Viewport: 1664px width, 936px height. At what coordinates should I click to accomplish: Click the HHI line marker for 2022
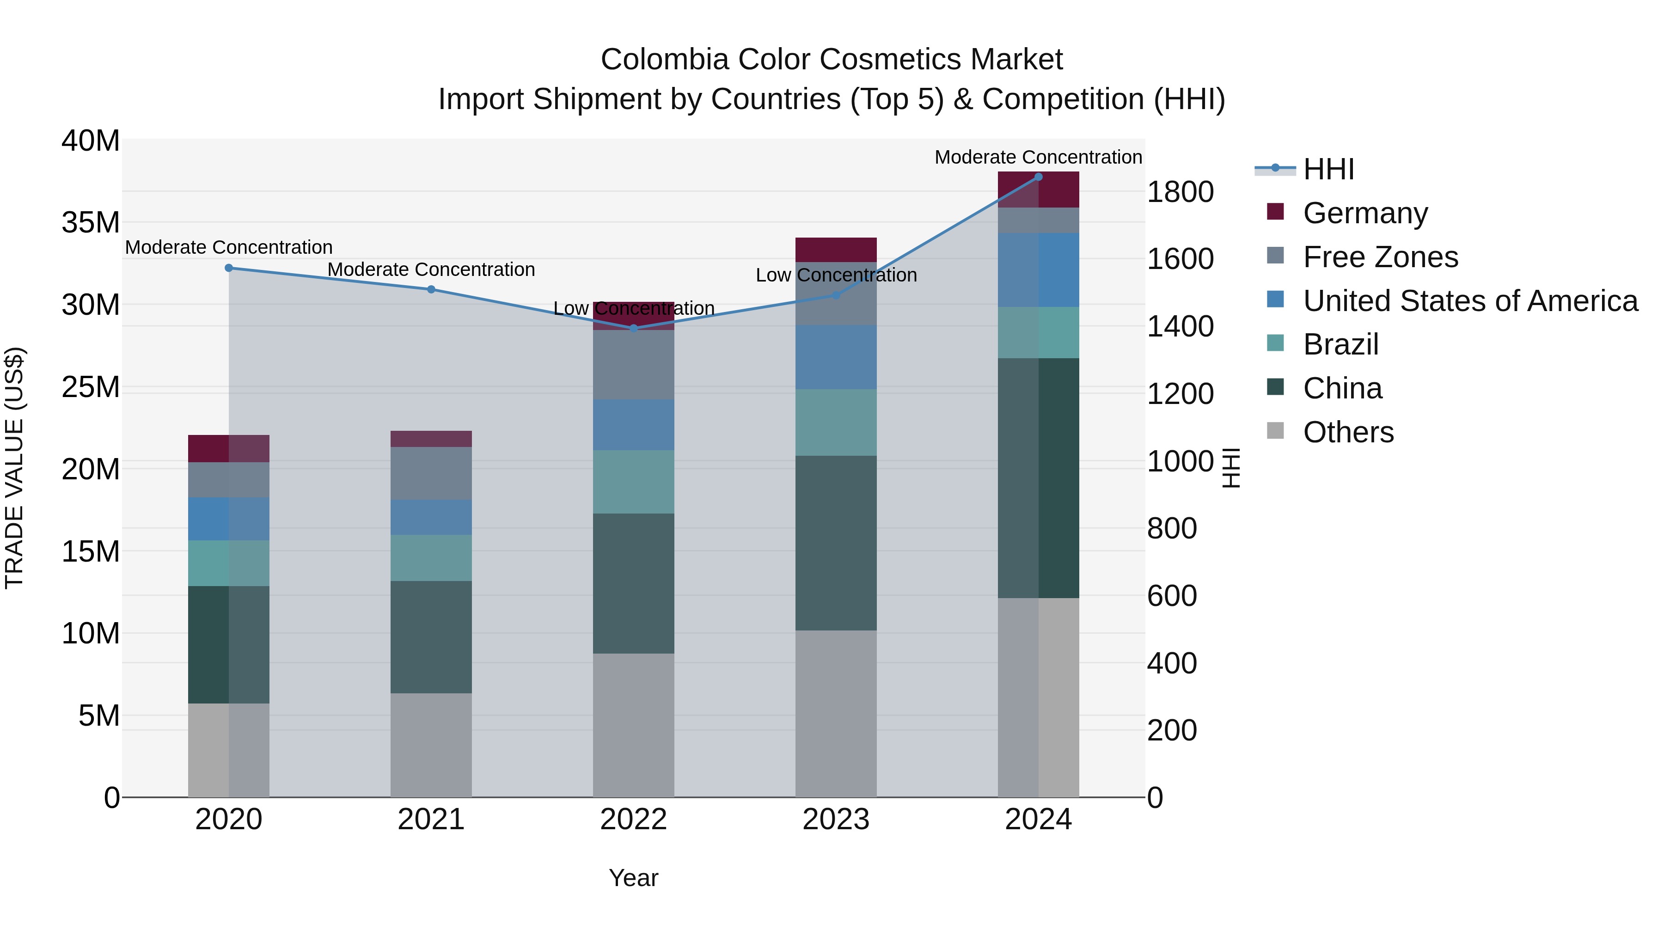634,328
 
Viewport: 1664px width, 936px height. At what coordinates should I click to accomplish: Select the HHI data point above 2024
1038,177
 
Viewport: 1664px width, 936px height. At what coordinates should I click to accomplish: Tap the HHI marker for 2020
229,268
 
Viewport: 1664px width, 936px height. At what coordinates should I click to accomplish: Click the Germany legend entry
1365,213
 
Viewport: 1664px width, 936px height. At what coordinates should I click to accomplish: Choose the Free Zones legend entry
1380,257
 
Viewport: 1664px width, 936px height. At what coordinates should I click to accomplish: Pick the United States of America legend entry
1469,301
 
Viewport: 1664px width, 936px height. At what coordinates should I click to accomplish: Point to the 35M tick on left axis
91,223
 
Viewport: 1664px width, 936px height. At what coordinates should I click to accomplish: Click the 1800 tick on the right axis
1180,192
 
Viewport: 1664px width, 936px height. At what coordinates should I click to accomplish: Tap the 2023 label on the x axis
836,820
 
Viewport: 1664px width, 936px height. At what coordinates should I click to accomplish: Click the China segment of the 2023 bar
836,543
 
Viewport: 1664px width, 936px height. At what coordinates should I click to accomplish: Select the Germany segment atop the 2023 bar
836,249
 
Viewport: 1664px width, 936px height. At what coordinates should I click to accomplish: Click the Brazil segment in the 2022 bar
634,482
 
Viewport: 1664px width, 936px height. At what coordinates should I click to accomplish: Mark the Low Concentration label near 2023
836,275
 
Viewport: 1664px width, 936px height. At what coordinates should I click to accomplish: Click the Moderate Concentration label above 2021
431,269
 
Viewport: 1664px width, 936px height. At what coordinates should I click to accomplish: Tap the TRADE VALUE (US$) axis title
14,468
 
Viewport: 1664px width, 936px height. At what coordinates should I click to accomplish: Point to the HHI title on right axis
1231,468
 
